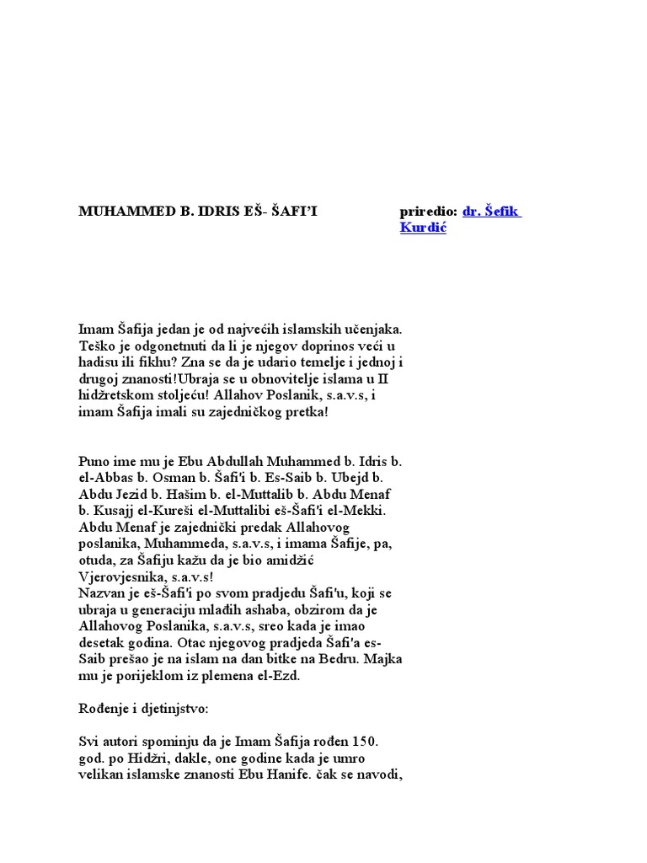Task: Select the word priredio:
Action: pyautogui.click(x=429, y=212)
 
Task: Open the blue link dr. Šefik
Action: pyautogui.click(x=492, y=212)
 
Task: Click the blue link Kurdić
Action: pyautogui.click(x=423, y=228)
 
